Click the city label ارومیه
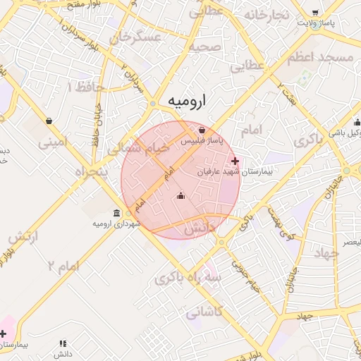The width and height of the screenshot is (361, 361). pos(190,102)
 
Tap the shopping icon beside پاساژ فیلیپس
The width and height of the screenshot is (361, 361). pos(202,130)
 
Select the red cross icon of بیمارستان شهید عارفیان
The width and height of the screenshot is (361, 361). pos(235,161)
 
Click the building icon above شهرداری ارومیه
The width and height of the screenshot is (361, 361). pos(116,213)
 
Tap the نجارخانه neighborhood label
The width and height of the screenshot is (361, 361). pos(266,15)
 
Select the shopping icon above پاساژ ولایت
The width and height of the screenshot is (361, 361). pos(314,12)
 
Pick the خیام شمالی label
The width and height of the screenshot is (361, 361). pos(138,148)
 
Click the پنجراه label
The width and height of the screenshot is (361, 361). pos(89,171)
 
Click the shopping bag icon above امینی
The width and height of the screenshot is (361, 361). pos(48,121)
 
